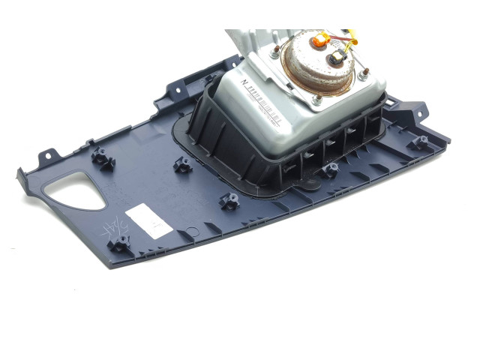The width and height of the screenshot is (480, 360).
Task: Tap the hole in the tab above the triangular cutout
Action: [48, 154]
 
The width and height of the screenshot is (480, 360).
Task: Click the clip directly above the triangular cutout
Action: [100, 158]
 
